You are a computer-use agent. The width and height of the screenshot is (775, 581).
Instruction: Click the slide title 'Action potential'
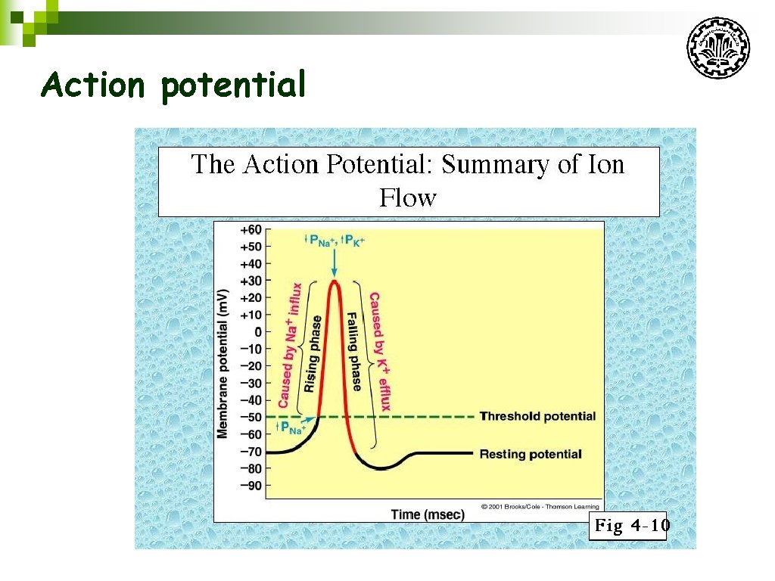[174, 85]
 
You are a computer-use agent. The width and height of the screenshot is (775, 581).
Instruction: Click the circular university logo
[718, 48]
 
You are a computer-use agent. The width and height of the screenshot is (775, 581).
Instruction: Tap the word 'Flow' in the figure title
[408, 198]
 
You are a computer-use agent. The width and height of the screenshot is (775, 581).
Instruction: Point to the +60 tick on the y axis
[251, 230]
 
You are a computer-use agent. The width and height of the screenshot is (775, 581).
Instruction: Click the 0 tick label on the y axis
[257, 332]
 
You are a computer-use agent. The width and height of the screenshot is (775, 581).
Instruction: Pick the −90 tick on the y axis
[251, 485]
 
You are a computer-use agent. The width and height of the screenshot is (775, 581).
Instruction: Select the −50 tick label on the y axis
[251, 417]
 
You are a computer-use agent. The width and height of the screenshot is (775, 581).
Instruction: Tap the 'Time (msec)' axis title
[428, 514]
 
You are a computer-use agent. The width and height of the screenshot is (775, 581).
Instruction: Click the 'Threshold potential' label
[537, 416]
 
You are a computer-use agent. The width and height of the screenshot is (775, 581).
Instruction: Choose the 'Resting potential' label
[531, 454]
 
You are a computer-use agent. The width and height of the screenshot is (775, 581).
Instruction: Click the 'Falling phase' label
[353, 351]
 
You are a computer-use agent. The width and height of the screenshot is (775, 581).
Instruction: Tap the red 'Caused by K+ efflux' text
[379, 351]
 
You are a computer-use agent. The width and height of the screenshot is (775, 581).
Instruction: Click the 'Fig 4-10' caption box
[628, 526]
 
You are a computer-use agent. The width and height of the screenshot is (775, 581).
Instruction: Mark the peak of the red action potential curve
[334, 281]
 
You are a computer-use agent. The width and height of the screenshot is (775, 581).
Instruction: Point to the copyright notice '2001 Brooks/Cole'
[540, 506]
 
